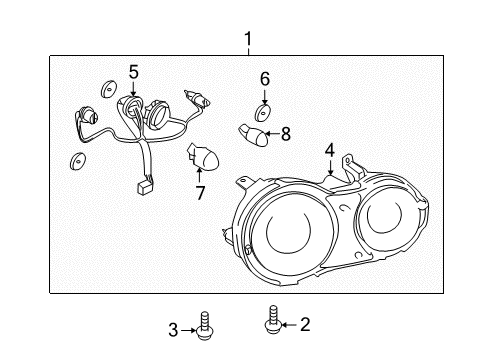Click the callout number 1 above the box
[248, 40]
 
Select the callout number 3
[173, 329]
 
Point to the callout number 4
[329, 151]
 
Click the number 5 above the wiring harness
[133, 71]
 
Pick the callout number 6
[265, 78]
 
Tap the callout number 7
[199, 192]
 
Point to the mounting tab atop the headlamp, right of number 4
[347, 162]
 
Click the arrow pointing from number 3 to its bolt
[189, 329]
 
